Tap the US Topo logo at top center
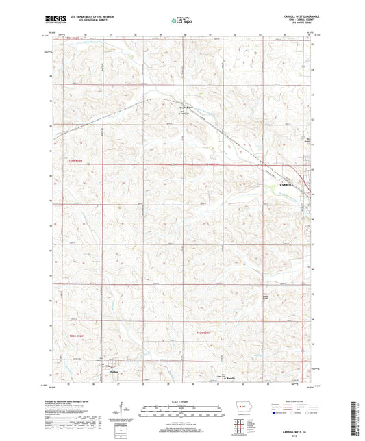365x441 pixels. (179, 21)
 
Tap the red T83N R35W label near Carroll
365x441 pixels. (214, 164)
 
